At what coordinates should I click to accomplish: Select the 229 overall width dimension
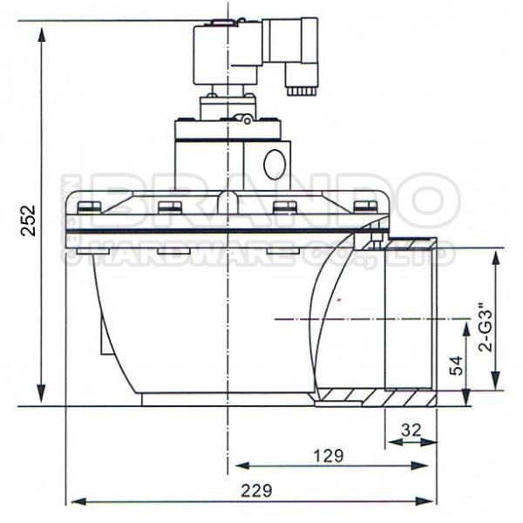[252, 489]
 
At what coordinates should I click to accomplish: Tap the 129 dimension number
[327, 454]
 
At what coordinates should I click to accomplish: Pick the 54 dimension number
[455, 366]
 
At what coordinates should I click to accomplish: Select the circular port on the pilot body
[275, 163]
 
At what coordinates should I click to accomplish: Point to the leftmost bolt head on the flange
[88, 207]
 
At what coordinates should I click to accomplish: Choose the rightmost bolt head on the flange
[366, 207]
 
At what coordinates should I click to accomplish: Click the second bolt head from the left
[171, 207]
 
